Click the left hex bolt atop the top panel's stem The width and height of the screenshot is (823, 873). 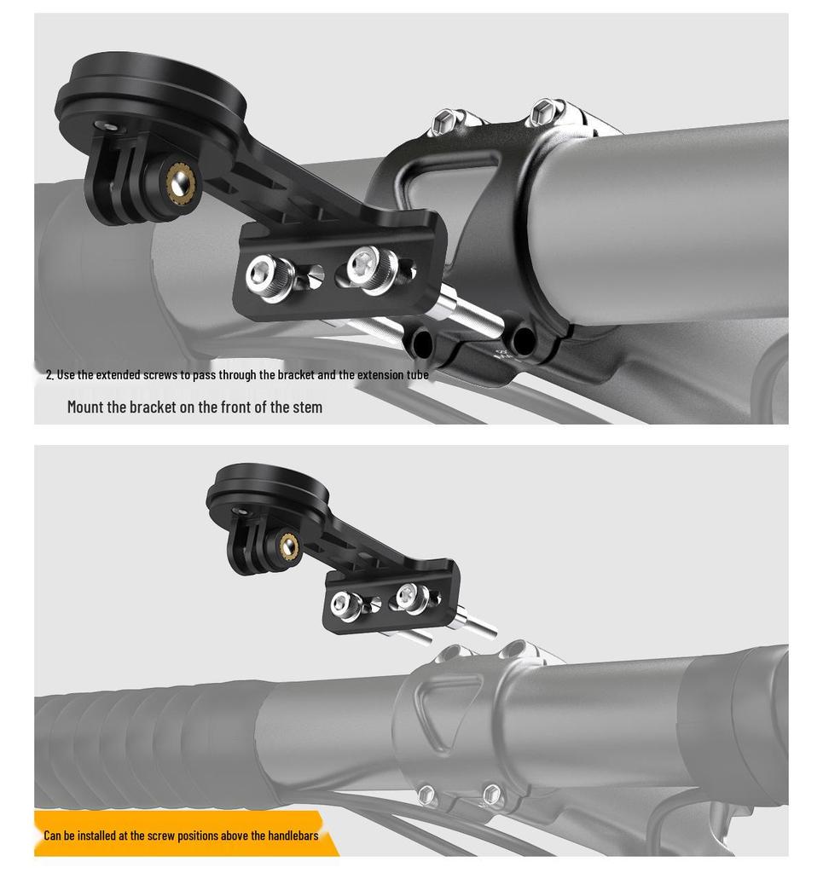point(443,121)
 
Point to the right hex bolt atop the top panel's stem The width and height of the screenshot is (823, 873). point(543,111)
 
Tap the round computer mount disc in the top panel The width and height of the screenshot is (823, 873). point(152,93)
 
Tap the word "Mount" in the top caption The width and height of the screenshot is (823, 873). point(85,407)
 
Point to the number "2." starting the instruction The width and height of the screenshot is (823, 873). point(49,375)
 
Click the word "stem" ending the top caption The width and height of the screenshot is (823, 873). point(307,407)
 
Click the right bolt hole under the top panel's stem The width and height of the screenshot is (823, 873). point(522,342)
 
